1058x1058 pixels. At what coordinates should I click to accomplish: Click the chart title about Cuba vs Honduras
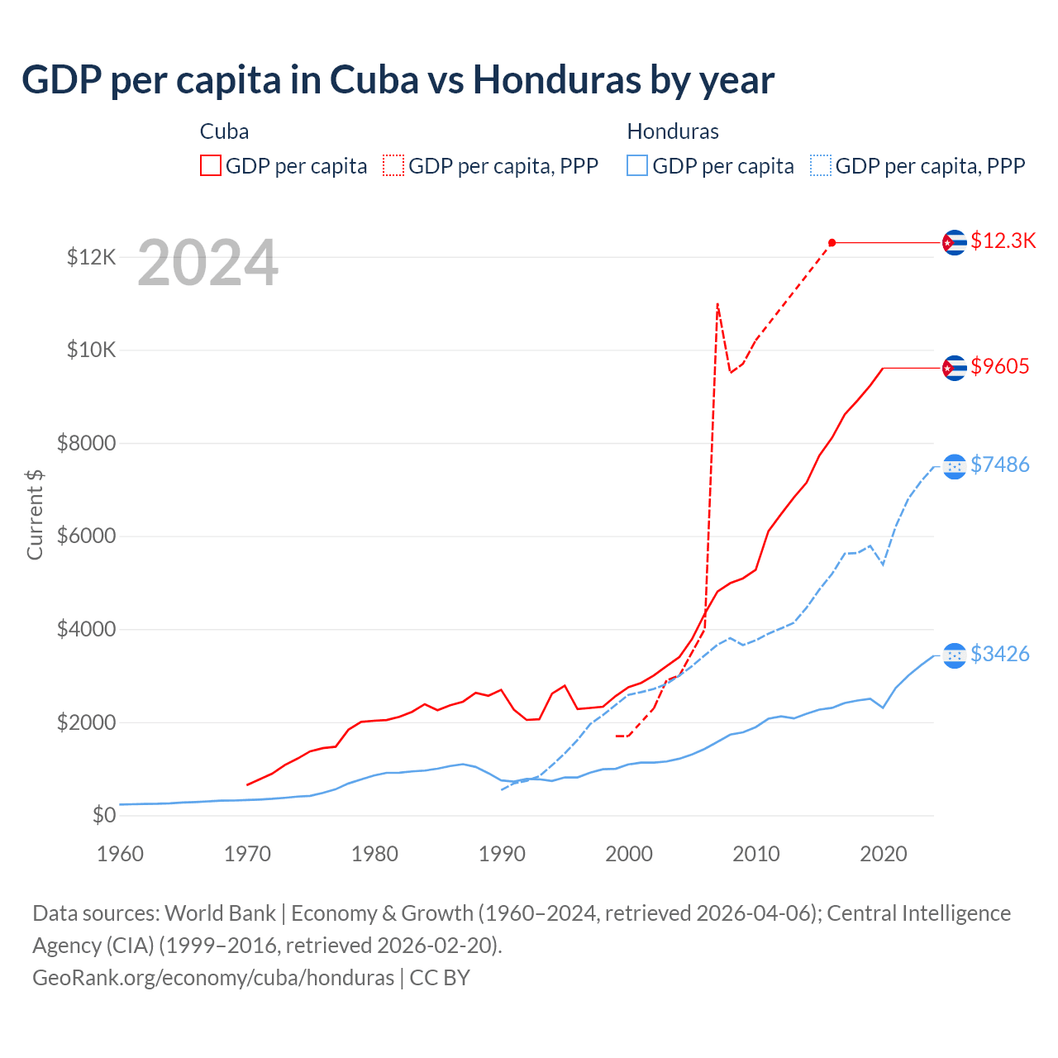(398, 80)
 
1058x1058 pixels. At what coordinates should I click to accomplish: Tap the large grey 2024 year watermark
(207, 263)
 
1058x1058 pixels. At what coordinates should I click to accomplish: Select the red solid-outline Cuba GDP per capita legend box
(211, 165)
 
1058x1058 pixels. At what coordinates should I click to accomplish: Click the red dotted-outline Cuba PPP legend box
(393, 165)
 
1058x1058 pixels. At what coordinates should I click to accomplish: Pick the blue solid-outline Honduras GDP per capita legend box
(637, 165)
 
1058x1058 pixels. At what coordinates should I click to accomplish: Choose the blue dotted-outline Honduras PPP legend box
(821, 165)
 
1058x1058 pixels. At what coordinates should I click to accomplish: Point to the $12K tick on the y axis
(92, 257)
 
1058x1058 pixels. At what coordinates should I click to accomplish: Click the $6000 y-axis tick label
(86, 536)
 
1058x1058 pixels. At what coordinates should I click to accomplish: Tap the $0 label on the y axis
(104, 815)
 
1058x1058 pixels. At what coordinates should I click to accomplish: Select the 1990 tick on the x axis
(502, 854)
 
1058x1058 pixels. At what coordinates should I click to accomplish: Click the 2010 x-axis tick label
(756, 854)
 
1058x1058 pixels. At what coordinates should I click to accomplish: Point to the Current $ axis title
(35, 514)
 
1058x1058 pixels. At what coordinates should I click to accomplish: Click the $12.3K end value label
(1003, 241)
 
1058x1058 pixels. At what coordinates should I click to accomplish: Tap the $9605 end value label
(999, 366)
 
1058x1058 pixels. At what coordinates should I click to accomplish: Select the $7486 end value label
(999, 465)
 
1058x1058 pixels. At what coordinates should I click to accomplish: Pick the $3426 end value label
(999, 654)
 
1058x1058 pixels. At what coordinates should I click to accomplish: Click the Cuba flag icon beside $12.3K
(955, 242)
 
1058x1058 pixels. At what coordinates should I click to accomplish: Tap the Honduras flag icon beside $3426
(955, 655)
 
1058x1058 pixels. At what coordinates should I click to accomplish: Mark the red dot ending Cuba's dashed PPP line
(832, 242)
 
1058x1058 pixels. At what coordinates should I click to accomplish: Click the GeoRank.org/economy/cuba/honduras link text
(213, 977)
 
